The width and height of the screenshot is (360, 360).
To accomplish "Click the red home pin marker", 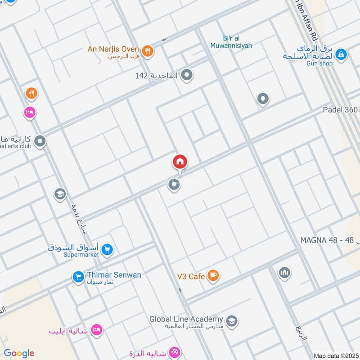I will coord(180,162).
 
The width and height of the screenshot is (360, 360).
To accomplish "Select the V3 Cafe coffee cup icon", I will coord(213,276).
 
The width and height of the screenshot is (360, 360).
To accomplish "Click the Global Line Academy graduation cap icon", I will coord(232,321).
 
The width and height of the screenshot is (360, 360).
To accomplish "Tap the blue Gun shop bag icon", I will coord(341,54).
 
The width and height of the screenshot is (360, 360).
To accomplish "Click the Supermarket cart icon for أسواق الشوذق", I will coord(107,249).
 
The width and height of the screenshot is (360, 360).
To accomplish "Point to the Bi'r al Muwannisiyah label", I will coord(231,42).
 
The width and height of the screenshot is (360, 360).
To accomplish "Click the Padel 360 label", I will coord(341,110).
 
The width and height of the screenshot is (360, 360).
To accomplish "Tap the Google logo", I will coord(19,353).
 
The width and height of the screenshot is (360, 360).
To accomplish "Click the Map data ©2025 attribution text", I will coord(336,355).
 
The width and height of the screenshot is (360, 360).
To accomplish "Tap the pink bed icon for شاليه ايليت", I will coord(97,330).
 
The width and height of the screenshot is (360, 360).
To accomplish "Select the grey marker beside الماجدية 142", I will coord(186,75).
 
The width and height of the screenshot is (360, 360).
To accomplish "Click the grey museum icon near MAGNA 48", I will coord(284,272).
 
